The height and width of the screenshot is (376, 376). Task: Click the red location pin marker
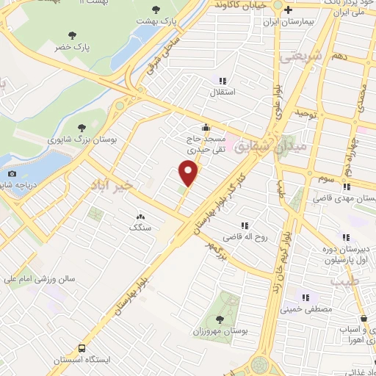189,173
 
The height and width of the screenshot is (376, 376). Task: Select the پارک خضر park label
72,46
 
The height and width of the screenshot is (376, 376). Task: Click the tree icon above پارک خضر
72,35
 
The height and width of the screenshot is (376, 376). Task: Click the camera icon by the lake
12,173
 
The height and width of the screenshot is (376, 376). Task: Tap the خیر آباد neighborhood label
112,184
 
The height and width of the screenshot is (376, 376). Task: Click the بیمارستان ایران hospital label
287,21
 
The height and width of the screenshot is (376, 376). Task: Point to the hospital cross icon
289,10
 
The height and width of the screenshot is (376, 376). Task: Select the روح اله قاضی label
244,238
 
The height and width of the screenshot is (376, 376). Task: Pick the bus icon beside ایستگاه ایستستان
82,348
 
